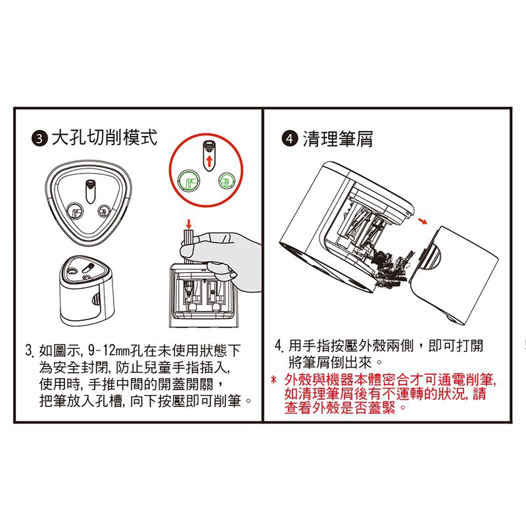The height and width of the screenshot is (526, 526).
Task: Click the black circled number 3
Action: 40,139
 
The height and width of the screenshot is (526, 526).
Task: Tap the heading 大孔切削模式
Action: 105,138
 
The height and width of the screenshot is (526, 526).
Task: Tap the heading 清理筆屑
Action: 338,139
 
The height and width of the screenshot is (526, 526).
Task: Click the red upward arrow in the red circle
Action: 209,161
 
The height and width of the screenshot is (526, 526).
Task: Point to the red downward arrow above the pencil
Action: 189,224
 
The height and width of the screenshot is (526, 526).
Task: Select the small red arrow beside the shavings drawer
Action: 423,220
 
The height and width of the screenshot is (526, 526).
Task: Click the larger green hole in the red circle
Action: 189,181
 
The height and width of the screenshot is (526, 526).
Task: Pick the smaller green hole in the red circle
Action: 227,181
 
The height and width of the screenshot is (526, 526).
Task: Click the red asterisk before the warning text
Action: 274,381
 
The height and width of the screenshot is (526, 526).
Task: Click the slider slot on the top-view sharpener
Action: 90,191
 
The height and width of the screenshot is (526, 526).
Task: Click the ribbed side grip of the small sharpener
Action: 95,300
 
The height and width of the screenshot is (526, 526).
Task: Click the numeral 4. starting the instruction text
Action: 279,346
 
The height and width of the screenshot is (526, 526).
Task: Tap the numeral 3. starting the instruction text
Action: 30,351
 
